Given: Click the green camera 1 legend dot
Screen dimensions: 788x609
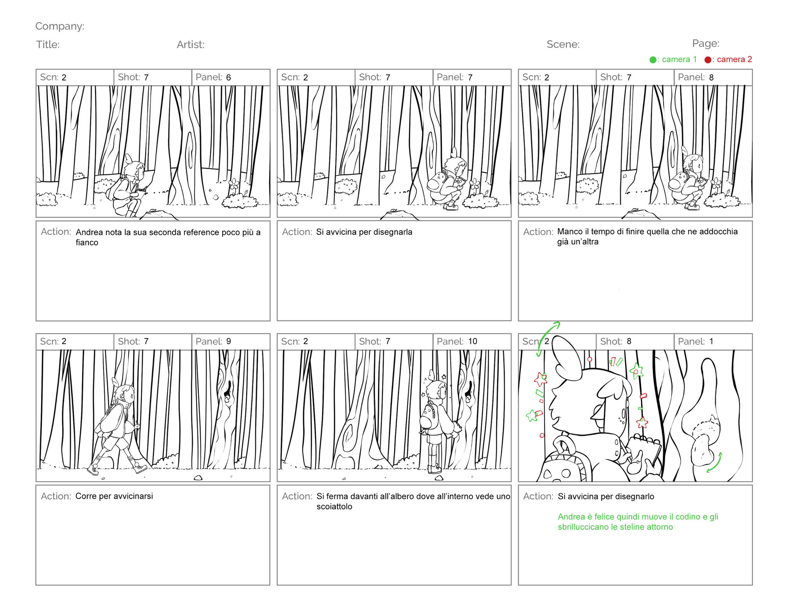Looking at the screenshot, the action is (653, 60).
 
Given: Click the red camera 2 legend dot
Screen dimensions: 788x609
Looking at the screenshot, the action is (708, 60).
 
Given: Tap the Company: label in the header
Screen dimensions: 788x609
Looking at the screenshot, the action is (60, 26).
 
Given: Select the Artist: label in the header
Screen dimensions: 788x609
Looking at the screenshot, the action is (190, 45).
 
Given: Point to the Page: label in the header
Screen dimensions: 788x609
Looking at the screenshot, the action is (706, 43).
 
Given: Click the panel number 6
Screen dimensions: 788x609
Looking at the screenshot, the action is (228, 77).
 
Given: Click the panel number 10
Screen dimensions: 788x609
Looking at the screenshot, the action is (473, 341).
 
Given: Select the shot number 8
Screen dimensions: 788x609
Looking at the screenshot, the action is (629, 341).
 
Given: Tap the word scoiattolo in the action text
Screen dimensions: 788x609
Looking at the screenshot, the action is (334, 507).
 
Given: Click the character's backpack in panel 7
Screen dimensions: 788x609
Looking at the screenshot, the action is (439, 183).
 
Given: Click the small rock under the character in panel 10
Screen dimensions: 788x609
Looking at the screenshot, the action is (439, 478).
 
